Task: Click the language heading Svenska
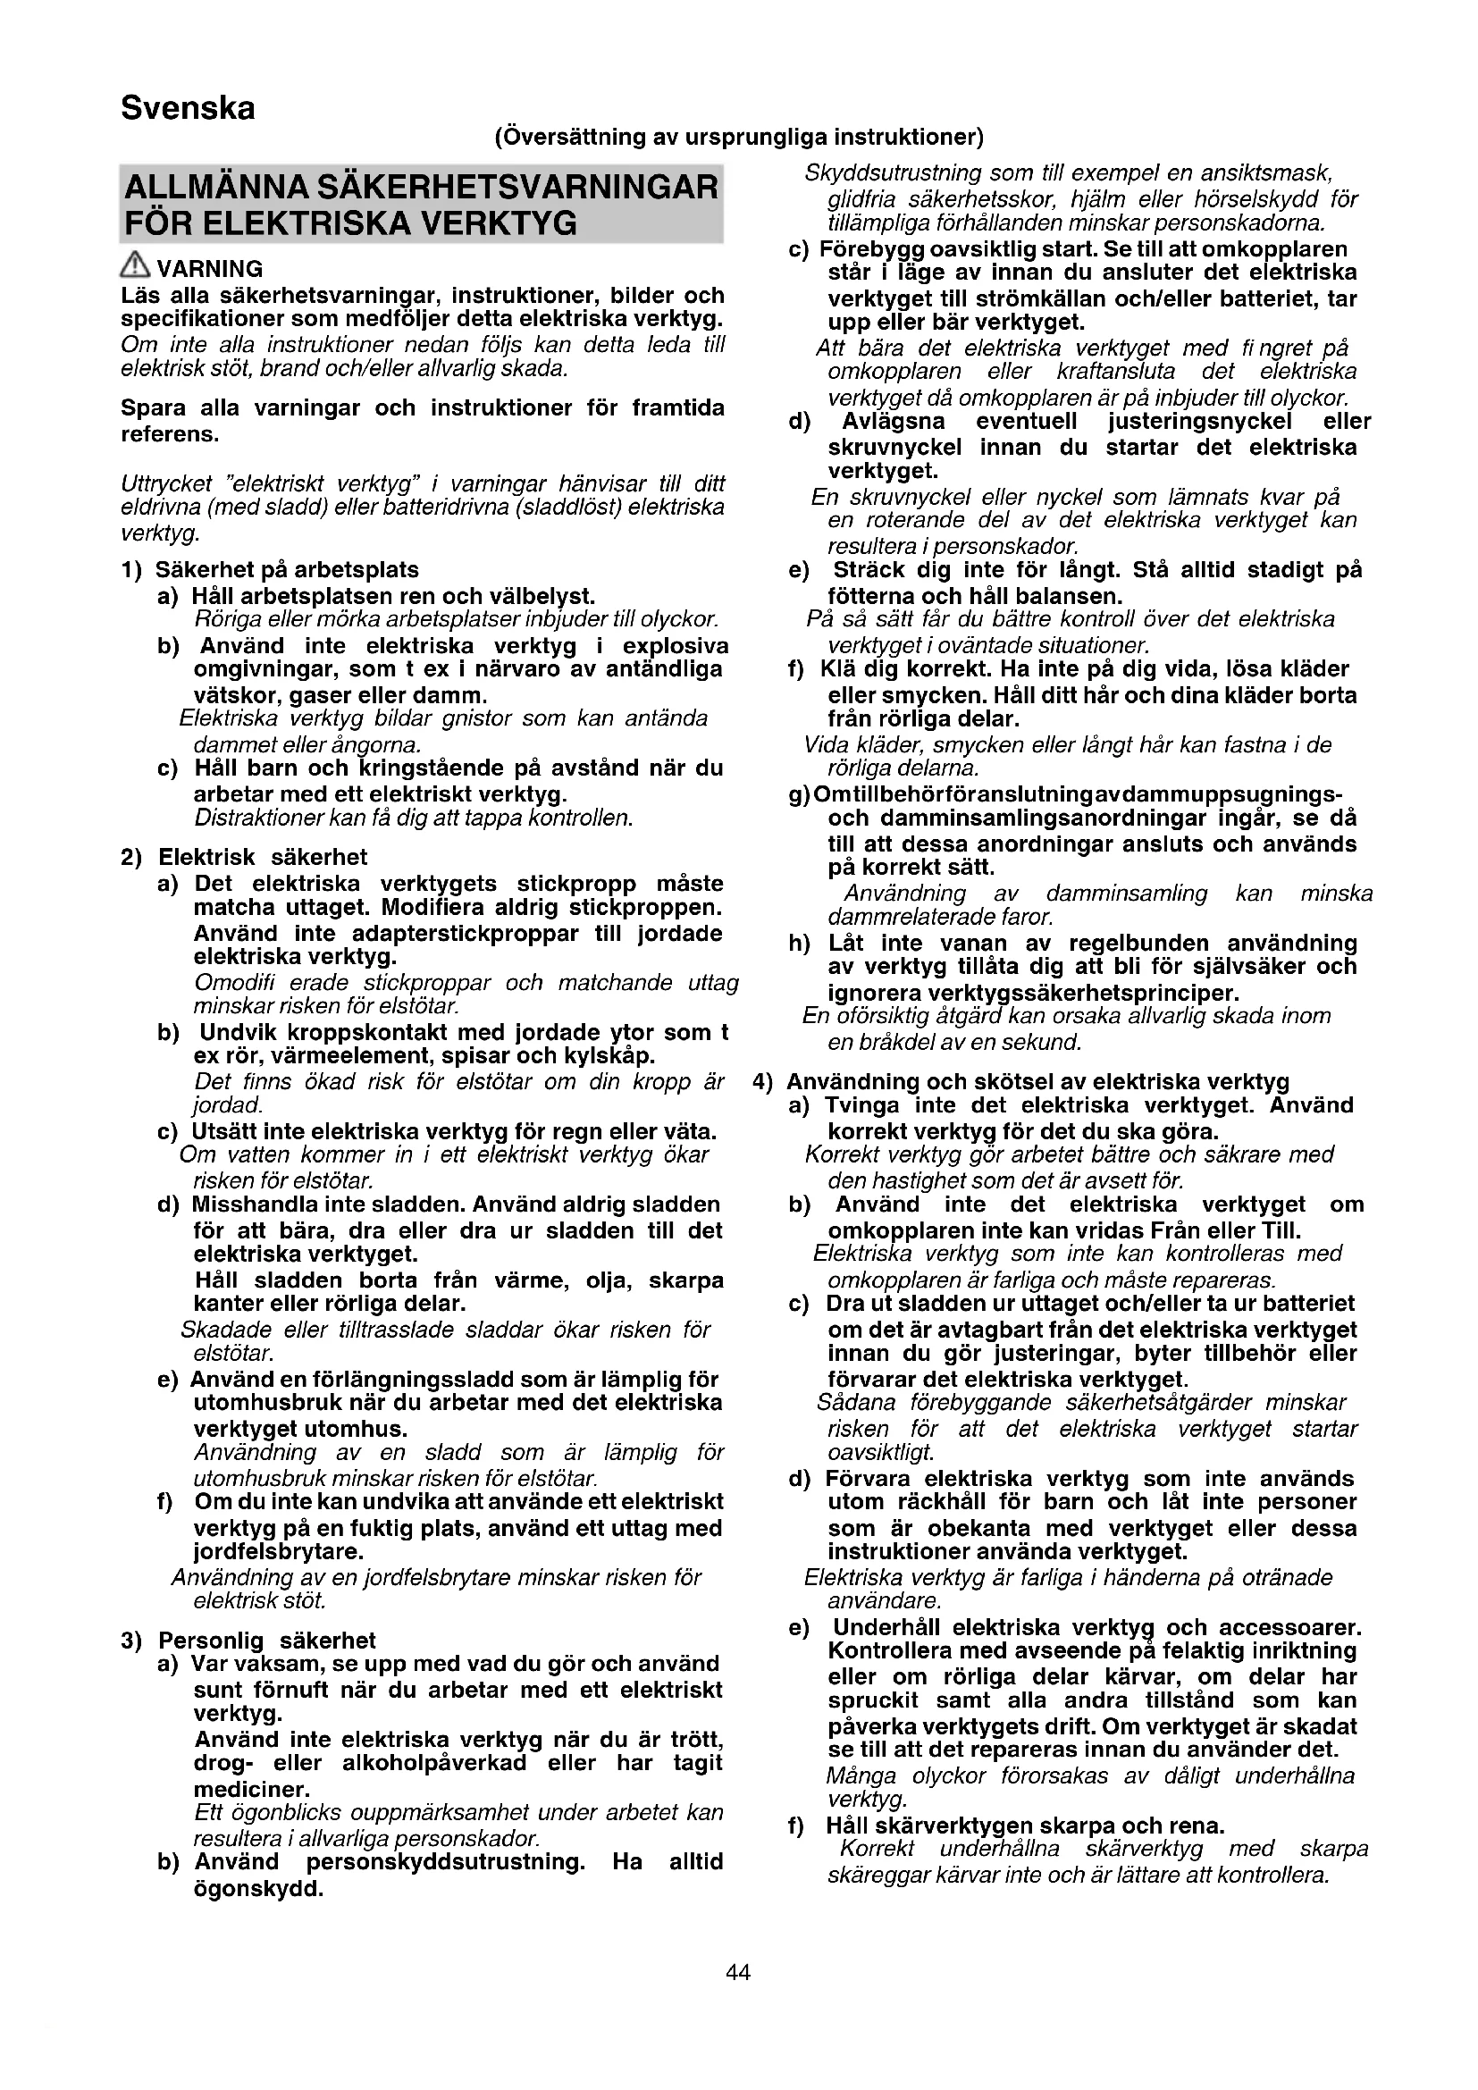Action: [188, 108]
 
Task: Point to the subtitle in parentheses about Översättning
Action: [738, 138]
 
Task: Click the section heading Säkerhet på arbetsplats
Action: [287, 570]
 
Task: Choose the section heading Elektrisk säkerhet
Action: [263, 857]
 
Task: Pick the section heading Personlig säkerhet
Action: [266, 1640]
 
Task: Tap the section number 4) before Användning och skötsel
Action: [762, 1081]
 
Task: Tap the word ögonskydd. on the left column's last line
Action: [259, 1888]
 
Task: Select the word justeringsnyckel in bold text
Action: [1199, 422]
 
